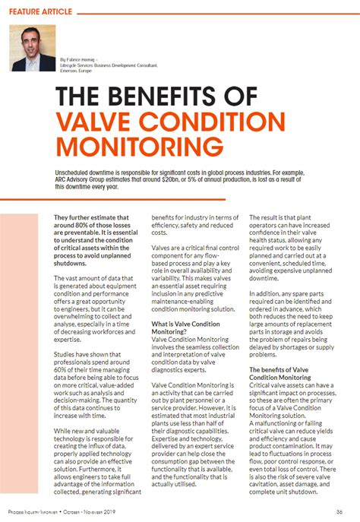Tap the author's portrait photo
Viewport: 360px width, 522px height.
33,48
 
